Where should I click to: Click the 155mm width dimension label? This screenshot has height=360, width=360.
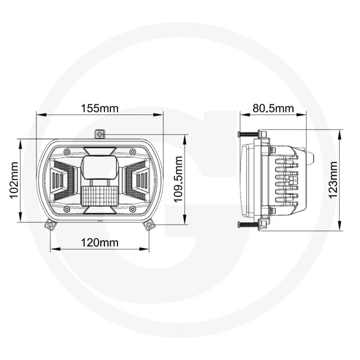tap(99, 108)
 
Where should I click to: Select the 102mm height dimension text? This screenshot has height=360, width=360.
tap(13, 180)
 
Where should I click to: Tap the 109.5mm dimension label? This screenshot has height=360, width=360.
tap(179, 180)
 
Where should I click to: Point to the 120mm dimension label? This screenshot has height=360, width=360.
tap(99, 243)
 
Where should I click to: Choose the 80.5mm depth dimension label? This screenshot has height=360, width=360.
tap(273, 108)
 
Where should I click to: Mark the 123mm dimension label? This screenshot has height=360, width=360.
tap(333, 180)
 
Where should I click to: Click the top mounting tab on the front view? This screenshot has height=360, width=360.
tap(100, 134)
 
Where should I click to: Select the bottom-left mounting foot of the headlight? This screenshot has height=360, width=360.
tap(50, 225)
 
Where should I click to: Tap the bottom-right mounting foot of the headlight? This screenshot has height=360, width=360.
tap(148, 225)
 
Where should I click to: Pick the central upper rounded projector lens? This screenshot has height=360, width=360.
tap(99, 167)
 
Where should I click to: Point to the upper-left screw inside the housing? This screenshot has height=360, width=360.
tap(67, 151)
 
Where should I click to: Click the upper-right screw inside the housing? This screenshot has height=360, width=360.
tap(132, 151)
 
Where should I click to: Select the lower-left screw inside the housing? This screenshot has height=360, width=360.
tap(67, 209)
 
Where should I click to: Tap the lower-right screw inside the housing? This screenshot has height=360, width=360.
tap(132, 209)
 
